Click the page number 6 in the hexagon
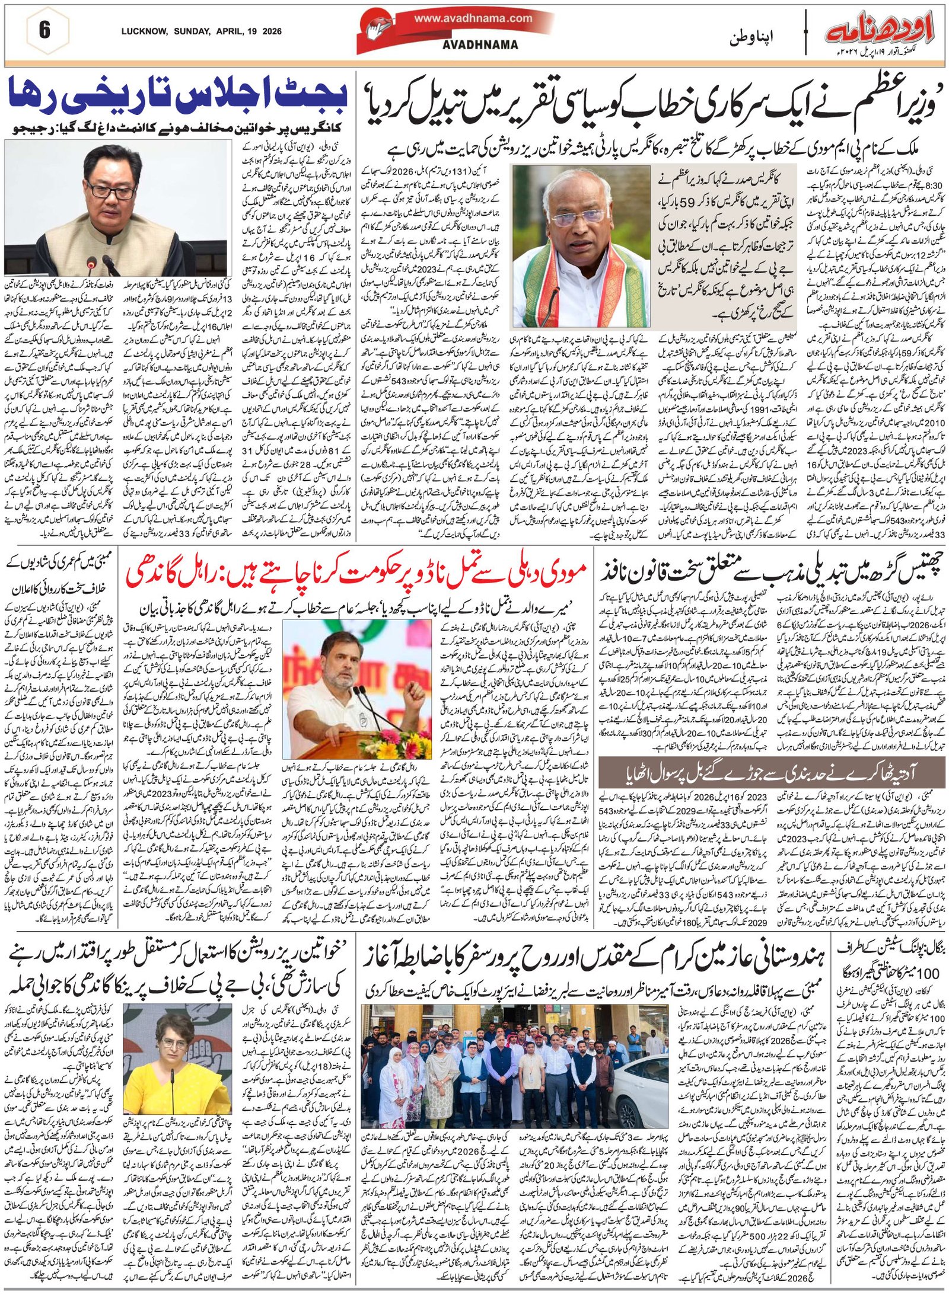click(44, 30)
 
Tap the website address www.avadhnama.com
click(473, 18)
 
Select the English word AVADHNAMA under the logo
click(480, 45)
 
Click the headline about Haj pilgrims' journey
click(593, 959)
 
